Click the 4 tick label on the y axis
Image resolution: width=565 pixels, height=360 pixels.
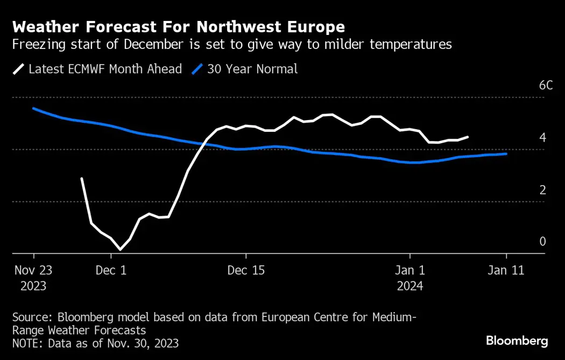point(542,138)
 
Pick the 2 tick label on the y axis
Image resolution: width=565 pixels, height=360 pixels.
point(542,189)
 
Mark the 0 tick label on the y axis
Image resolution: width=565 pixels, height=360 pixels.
point(542,242)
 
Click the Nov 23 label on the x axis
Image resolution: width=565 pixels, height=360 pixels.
point(33,271)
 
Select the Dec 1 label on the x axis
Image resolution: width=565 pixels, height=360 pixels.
point(111,271)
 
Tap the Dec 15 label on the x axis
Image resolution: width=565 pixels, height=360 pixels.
point(246,271)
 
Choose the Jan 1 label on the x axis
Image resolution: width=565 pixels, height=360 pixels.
point(410,271)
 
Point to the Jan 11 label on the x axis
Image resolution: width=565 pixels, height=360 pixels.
point(506,271)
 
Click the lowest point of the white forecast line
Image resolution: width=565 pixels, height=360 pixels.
point(120,250)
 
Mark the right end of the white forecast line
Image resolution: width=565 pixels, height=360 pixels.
point(468,137)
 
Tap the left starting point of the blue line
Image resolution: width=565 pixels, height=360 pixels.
point(33,108)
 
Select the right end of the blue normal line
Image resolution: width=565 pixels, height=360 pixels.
point(506,154)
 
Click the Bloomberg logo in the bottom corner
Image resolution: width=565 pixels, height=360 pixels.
point(517,341)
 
